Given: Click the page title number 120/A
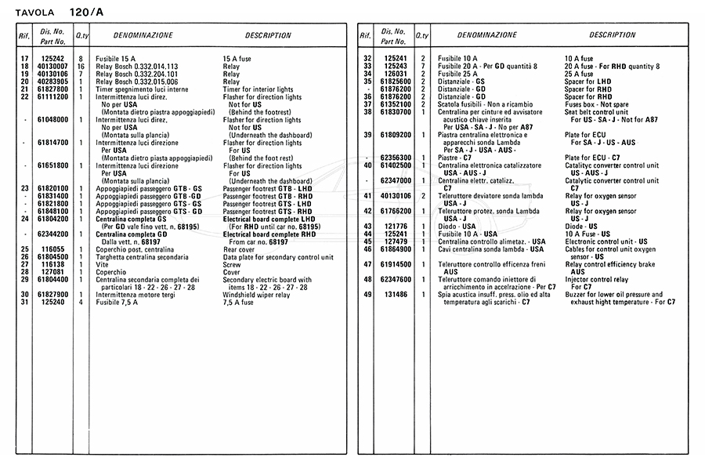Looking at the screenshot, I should coord(85,13).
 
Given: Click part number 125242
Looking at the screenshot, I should coord(52,59).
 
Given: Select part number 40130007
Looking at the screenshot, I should coord(52,67).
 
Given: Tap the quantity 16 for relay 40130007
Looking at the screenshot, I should coord(81,67).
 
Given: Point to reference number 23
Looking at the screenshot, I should coord(24,188).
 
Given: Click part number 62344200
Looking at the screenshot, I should coord(52,234).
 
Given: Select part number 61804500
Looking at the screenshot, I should coord(52,256).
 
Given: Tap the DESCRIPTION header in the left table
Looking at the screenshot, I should coord(268,35).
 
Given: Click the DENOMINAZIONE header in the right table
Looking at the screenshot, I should coord(486,35).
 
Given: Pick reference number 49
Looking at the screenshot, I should coord(367,294).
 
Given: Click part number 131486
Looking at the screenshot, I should coord(396,294).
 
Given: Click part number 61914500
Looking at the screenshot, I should coord(396,264).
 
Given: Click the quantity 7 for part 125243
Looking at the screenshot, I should coord(423,67).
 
